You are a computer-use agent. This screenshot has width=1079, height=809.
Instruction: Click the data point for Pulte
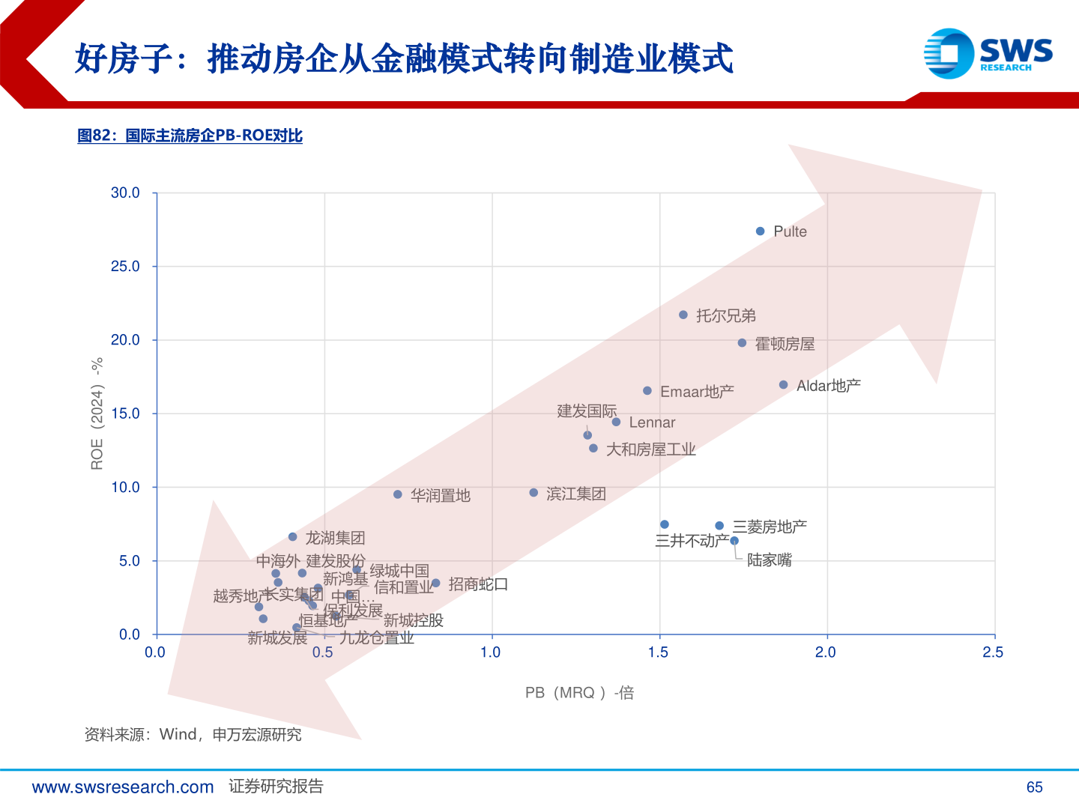tap(760, 231)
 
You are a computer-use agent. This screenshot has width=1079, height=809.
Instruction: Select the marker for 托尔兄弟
tap(683, 315)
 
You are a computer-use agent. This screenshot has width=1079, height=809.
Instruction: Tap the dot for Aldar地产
tap(784, 385)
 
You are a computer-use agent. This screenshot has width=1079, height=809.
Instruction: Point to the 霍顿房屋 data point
tap(742, 343)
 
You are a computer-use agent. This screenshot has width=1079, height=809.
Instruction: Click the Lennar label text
tap(652, 422)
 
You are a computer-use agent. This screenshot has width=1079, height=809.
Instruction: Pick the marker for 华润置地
tap(398, 494)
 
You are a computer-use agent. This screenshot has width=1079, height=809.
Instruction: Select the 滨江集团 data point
tap(534, 493)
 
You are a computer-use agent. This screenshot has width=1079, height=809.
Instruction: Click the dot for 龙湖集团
tap(293, 537)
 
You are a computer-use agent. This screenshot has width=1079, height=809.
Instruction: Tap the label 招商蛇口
tap(478, 584)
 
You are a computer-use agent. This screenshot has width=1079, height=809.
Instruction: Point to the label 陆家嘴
tap(769, 560)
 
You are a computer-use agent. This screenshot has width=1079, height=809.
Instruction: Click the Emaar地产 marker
tap(647, 391)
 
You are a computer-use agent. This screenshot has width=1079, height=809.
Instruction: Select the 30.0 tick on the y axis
tap(125, 193)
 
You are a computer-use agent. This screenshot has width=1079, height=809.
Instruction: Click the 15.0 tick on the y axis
tap(125, 413)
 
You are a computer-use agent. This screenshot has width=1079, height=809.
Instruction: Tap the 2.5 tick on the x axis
tap(993, 652)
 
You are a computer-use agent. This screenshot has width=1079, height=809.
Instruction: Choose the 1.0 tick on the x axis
tap(491, 652)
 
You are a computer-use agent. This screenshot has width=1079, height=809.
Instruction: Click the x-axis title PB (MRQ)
tap(579, 693)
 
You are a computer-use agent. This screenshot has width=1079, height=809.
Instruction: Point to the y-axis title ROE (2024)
tap(97, 413)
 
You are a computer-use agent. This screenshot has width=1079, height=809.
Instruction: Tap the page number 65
tap(1034, 787)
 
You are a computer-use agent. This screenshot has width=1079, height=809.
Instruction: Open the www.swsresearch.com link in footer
tap(123, 787)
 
